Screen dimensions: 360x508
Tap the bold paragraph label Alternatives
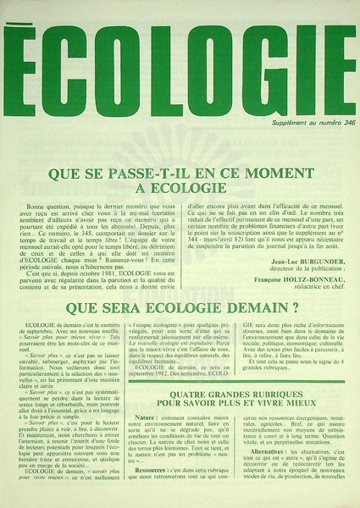pyautogui.click(x=260, y=475)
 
